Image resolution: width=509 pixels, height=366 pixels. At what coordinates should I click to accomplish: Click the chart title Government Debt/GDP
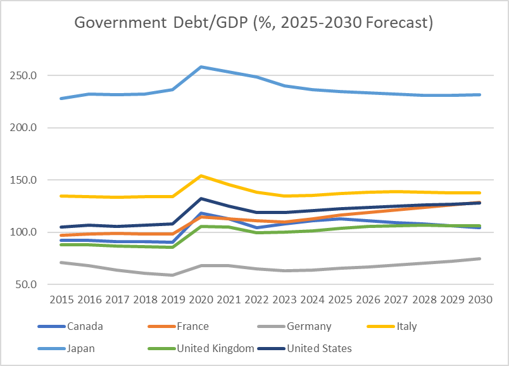(x=253, y=23)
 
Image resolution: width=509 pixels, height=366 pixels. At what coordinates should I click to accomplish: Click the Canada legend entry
(x=85, y=327)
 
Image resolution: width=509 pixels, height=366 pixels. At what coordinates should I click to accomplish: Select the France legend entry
(x=193, y=327)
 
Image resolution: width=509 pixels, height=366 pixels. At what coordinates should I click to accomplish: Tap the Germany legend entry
(x=309, y=327)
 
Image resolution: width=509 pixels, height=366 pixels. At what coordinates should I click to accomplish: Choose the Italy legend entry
(x=405, y=327)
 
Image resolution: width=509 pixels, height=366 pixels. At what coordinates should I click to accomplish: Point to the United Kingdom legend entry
(x=215, y=348)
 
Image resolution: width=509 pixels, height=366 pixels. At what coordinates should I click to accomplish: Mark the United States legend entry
(x=319, y=348)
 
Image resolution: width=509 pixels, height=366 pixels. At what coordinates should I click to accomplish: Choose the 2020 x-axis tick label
(x=201, y=300)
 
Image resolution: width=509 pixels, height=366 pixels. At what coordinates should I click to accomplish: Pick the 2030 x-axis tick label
(x=481, y=300)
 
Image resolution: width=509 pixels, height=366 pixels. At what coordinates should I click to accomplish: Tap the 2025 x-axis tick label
(x=341, y=300)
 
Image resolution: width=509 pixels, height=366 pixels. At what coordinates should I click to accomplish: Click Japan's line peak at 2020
(x=201, y=66)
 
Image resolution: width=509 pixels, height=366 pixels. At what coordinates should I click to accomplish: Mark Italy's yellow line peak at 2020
(x=201, y=175)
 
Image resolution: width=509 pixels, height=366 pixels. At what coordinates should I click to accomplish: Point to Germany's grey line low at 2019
(x=173, y=275)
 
